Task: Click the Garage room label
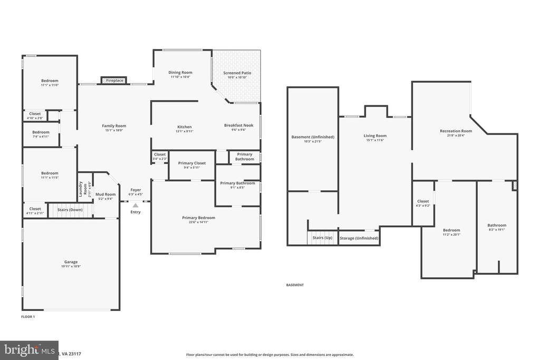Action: coord(71,262)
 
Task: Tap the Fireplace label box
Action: coord(114,81)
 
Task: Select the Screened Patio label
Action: coord(237,73)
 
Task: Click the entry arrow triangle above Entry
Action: coord(136,206)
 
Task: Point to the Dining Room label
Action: coord(180,73)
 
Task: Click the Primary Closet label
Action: coord(191,163)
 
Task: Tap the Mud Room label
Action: coord(105,194)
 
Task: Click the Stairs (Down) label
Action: coord(70,209)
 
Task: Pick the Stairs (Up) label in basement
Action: coord(322,238)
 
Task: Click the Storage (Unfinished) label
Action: coord(359,238)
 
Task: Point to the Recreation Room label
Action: coord(456,131)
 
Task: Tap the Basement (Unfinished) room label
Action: coord(313,137)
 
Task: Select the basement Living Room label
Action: coord(375,136)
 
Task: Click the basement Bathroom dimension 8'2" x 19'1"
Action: coord(496,230)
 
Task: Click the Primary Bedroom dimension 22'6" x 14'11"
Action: coord(198,222)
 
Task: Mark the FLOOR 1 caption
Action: coord(27,317)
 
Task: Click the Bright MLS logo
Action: coord(29,350)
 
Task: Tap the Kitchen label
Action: coord(184,127)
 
